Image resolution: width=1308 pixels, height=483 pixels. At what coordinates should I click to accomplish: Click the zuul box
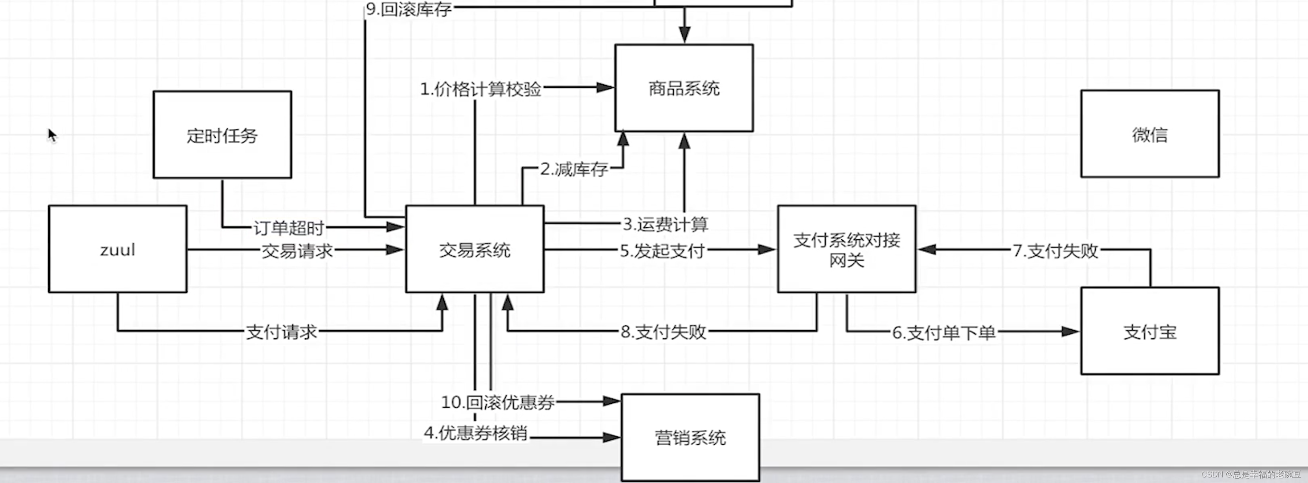117,249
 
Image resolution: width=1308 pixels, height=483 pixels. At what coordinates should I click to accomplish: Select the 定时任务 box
222,135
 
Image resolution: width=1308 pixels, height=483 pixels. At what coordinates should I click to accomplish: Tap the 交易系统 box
474,249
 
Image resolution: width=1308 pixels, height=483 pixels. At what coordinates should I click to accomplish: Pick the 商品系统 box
683,88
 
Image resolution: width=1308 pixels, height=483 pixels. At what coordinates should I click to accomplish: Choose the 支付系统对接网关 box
846,249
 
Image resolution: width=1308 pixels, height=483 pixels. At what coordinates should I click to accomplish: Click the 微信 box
1150,134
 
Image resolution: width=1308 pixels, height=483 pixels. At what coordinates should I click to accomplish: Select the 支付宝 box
1150,331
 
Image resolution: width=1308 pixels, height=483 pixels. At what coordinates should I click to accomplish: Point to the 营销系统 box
690,437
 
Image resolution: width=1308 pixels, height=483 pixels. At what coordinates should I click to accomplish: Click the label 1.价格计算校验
480,89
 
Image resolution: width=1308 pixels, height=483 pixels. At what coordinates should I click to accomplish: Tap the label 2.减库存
574,169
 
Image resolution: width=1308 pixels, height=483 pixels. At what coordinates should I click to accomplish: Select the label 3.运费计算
665,223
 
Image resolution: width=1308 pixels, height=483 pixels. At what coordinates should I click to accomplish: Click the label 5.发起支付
662,251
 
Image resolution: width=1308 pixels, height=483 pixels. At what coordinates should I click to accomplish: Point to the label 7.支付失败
1055,251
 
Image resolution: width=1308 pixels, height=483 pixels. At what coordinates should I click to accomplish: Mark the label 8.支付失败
663,331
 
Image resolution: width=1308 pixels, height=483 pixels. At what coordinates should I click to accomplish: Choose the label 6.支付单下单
943,333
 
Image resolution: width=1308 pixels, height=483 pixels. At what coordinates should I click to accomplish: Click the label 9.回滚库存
409,9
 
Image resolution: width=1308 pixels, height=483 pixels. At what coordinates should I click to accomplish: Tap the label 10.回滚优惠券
498,402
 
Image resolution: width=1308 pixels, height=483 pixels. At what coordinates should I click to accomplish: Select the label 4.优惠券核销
476,433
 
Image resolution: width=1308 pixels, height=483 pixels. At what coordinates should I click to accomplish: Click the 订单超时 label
288,228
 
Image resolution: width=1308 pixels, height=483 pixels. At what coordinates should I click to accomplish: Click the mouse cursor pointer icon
52,135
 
